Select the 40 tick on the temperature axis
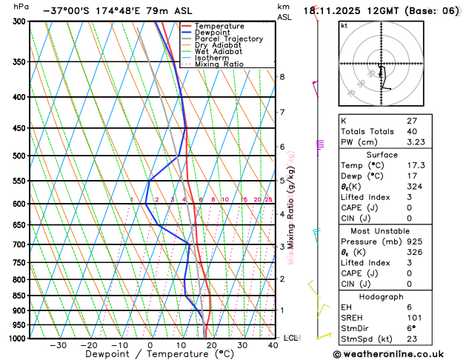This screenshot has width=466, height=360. coord(273,345)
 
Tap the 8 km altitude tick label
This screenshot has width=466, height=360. coord(282,77)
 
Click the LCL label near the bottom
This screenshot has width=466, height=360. coord(290,338)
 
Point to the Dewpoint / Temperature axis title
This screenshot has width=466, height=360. coord(150,354)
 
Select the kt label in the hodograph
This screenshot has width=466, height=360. coord(344,25)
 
